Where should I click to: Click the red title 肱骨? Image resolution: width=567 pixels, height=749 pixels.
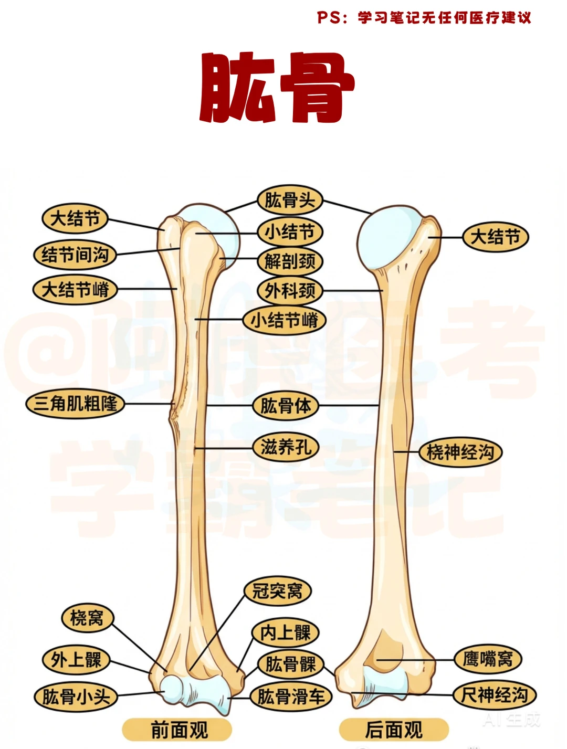[x=277, y=88]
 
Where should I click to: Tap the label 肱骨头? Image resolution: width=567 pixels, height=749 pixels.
[x=290, y=200]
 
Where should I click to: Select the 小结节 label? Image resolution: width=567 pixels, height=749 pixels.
[x=290, y=231]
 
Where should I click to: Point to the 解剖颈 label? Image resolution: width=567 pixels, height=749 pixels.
[x=290, y=261]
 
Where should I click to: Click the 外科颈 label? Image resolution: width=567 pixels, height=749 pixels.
[x=290, y=290]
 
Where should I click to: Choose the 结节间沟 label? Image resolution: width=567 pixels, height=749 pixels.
[x=75, y=255]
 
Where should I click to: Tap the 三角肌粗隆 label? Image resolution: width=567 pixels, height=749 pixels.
[x=75, y=404]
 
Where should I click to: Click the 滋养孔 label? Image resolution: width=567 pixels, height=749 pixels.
[x=286, y=447]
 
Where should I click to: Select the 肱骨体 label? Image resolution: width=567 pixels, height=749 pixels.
[x=286, y=406]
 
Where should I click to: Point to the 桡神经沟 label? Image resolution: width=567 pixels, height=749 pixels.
[x=460, y=452]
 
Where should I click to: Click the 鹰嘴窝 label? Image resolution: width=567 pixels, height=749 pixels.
[x=487, y=659]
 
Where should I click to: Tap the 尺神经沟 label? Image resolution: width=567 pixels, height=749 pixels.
[x=494, y=695]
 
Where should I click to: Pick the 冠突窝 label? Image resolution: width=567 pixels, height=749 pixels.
[x=277, y=591]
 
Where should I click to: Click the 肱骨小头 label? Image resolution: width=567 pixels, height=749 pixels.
[x=76, y=697]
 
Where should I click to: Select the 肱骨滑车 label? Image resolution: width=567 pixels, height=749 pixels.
[x=291, y=697]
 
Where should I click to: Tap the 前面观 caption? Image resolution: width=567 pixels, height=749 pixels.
[x=178, y=730]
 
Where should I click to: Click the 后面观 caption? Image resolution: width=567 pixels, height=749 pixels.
[x=394, y=730]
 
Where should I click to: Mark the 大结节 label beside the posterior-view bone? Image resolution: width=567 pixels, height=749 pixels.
[x=495, y=237]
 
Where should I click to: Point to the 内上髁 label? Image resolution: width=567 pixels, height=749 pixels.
[x=286, y=632]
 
